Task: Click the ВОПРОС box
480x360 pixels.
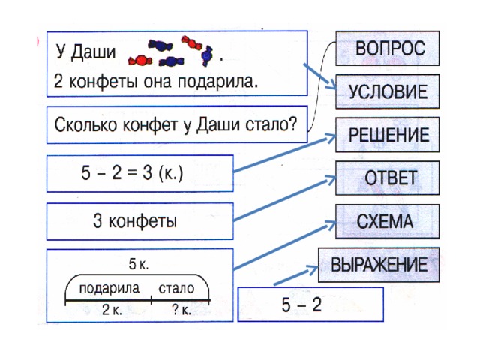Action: [x=388, y=48]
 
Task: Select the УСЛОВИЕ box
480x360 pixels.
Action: [x=388, y=91]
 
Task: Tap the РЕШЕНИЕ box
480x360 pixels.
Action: [x=388, y=135]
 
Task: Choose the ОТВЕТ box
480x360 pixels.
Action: [x=388, y=178]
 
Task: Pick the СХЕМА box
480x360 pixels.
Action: [x=388, y=222]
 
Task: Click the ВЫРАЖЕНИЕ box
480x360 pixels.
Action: [x=379, y=265]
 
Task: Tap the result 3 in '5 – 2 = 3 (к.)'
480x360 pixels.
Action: [x=147, y=172]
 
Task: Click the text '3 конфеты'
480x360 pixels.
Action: [x=135, y=221]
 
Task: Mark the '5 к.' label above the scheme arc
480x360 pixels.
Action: [x=139, y=264]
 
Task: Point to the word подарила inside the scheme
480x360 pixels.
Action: [x=109, y=288]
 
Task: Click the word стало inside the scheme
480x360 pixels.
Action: [x=176, y=288]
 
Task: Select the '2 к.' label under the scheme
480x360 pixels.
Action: [x=112, y=310]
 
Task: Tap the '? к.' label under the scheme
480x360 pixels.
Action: [x=181, y=310]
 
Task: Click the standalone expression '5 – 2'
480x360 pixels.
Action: [x=301, y=305]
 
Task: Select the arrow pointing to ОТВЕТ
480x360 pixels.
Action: [x=285, y=198]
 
